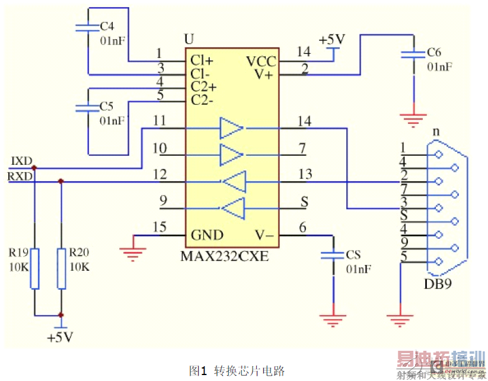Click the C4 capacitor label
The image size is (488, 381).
coord(107,27)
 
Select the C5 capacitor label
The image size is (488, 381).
coord(107,106)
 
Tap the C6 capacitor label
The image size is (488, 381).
coord(434,53)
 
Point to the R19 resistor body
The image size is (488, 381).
coord(34,268)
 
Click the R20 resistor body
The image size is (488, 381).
coord(61,268)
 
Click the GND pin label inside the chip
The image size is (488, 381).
coord(207,235)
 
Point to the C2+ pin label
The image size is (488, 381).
coord(203,87)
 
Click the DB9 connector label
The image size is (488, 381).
coord(438,283)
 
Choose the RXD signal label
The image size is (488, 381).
coord(20,176)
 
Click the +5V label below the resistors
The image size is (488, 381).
coord(60,337)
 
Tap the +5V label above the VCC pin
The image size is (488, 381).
coord(331,40)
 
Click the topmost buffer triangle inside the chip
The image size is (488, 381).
coord(231,127)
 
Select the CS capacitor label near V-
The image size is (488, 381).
coord(353,255)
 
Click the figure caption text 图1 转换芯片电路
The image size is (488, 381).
coord(237,370)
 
